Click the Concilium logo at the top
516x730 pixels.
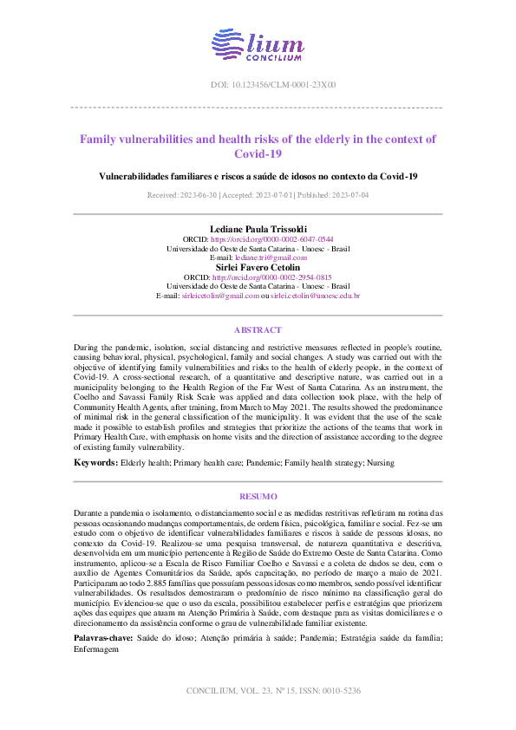pos(258,44)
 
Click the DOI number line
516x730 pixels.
pos(258,85)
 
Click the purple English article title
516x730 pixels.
pos(258,146)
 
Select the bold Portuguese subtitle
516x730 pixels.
pos(258,176)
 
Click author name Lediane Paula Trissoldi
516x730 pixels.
pos(258,228)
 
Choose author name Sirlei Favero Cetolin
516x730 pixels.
pos(258,267)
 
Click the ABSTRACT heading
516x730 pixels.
pos(258,330)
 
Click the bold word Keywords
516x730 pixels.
pos(95,464)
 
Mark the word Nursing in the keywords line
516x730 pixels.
pos(380,464)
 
